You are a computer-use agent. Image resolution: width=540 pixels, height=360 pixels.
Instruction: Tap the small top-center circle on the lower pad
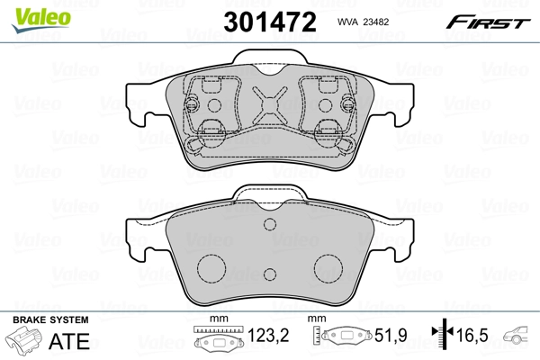270,227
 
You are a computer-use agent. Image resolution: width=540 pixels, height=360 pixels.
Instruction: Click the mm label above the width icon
214,320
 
